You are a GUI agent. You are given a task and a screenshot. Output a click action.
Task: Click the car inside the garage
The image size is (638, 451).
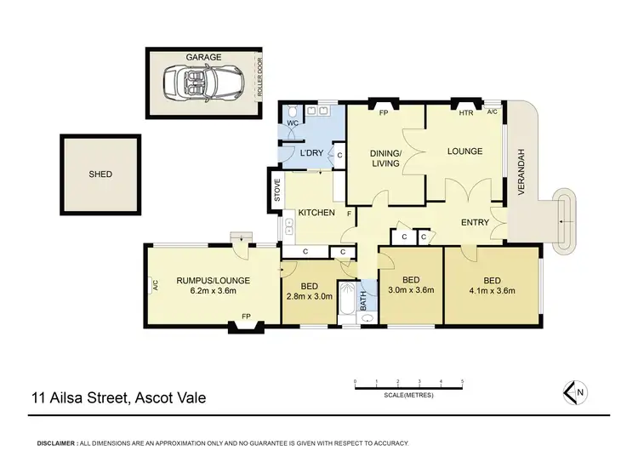pos(203,83)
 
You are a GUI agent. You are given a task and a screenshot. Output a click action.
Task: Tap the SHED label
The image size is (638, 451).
pos(100,174)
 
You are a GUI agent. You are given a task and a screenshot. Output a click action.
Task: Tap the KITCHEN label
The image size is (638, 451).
pos(314,212)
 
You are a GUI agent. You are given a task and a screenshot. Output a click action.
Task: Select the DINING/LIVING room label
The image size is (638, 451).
pos(385,158)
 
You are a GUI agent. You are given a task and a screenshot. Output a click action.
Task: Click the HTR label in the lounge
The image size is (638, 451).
pos(465,112)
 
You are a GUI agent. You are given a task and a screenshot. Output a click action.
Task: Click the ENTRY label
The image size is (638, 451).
pos(474,222)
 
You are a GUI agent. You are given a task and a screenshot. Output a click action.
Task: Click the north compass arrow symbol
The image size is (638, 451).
pos(575,391)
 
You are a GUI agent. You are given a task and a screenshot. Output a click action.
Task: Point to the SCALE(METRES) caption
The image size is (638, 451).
pos(407,392)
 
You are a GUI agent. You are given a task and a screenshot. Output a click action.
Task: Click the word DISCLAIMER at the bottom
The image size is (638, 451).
pos(54,443)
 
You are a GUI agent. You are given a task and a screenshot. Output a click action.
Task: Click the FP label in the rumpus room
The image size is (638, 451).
pos(246,317)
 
